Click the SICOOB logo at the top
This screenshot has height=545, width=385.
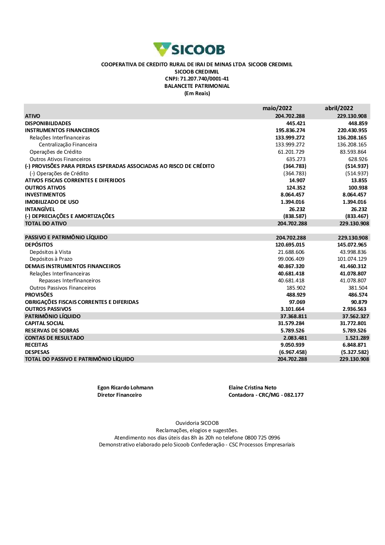click(189, 50)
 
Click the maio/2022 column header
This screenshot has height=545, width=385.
click(277, 108)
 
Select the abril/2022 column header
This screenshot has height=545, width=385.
click(339, 108)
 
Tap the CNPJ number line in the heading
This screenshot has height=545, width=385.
click(197, 79)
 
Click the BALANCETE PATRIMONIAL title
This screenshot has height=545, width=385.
click(197, 86)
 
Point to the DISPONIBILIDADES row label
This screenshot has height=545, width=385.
click(48, 123)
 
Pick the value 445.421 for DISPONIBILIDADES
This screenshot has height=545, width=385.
click(296, 123)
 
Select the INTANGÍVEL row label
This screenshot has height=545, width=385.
click(40, 209)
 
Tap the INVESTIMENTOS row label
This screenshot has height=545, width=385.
click(45, 195)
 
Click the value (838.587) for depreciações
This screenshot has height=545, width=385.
click(295, 216)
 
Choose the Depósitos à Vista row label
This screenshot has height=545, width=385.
click(50, 252)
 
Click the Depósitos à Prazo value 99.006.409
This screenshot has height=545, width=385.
click(291, 259)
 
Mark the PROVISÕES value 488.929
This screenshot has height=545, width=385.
click(296, 295)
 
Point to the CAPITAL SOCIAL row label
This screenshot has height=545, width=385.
click(45, 324)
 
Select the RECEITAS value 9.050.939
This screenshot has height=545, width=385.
click(292, 345)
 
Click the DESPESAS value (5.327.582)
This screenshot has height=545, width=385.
click(355, 352)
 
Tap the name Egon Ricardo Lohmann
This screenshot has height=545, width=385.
click(125, 388)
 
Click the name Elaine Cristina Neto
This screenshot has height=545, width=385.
click(253, 388)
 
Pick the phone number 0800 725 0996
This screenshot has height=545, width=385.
click(263, 438)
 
